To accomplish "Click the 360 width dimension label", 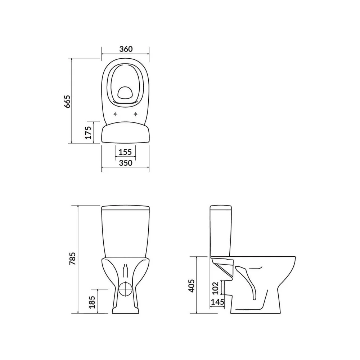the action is (126, 49).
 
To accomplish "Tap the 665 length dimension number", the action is (67, 101).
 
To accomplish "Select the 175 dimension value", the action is (88, 132).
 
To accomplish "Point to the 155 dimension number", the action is (125, 152).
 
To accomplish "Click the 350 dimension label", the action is (126, 163).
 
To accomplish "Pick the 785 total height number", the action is (72, 259).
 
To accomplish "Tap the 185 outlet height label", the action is (92, 302).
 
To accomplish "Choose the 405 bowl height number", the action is (191, 286).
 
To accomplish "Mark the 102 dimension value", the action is (215, 288).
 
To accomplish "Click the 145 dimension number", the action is (217, 302).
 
